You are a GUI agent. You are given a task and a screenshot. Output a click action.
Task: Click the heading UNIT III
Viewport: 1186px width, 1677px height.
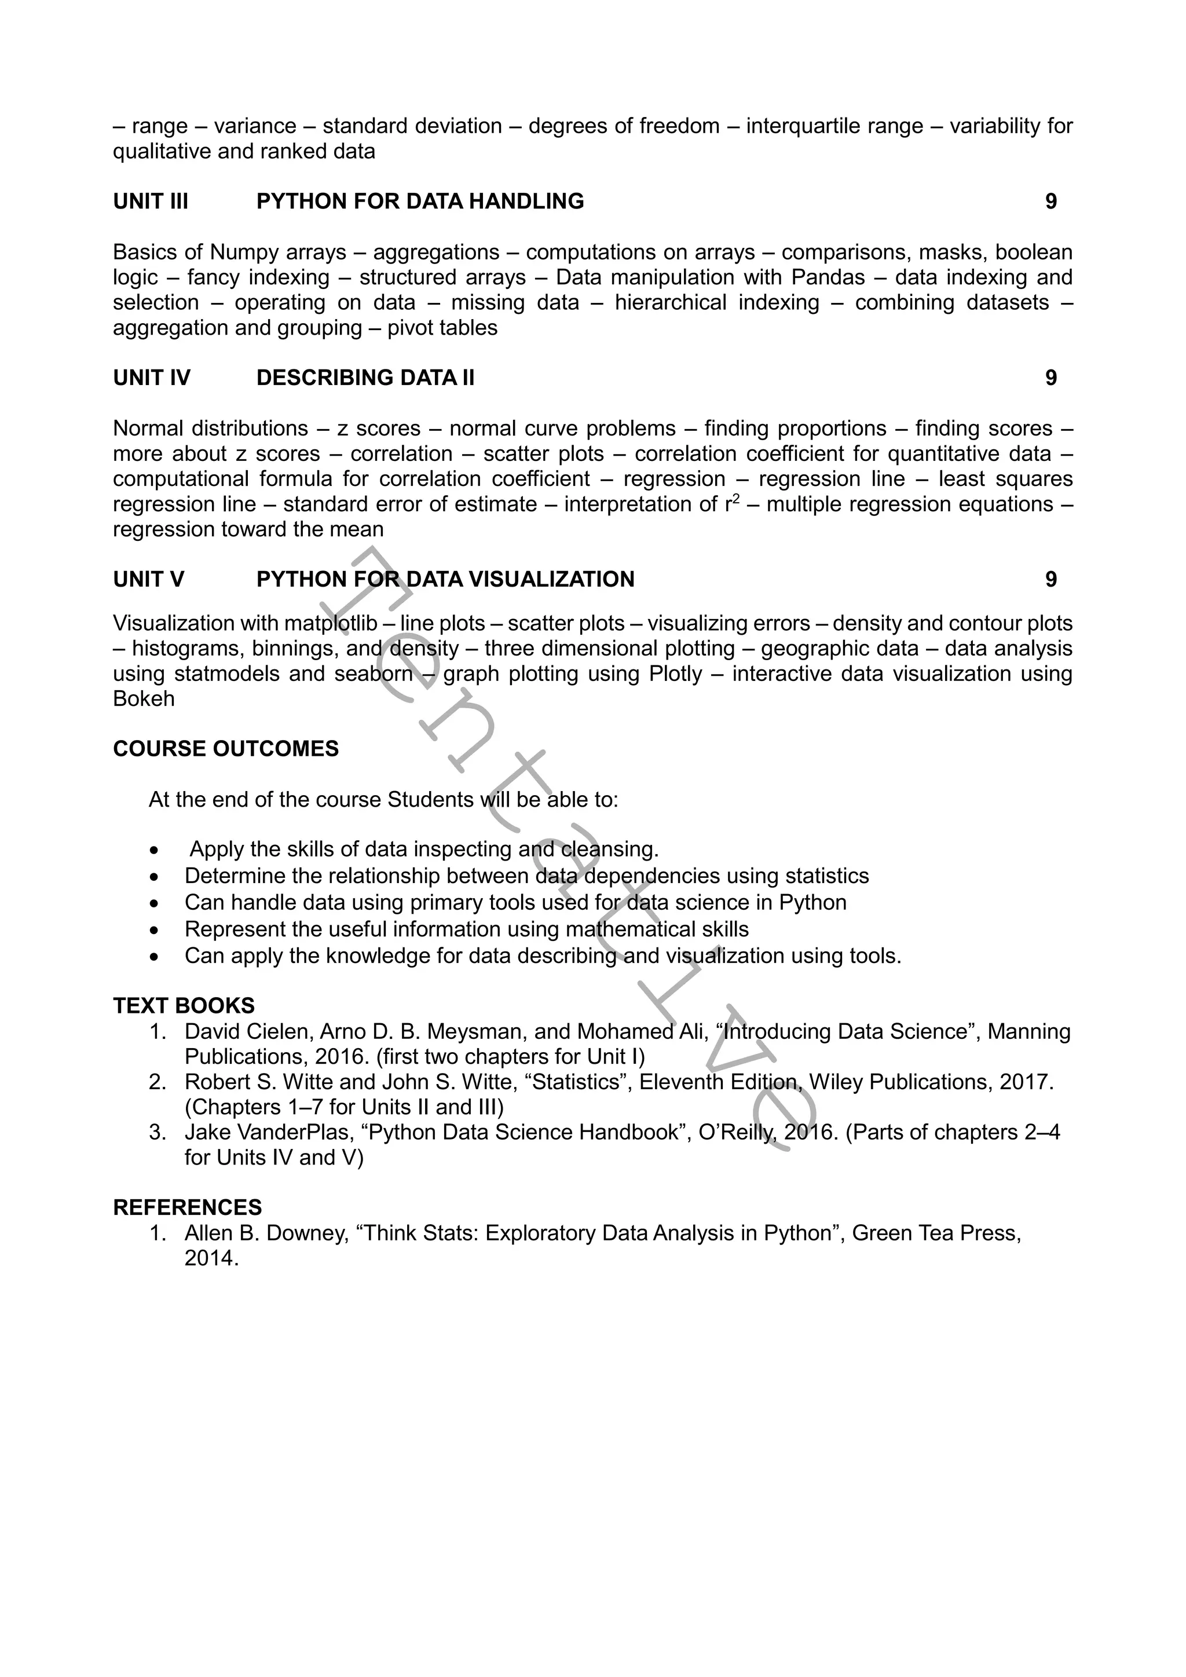click(x=151, y=202)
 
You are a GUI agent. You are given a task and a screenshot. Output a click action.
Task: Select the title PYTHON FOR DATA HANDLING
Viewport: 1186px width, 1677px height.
click(x=420, y=202)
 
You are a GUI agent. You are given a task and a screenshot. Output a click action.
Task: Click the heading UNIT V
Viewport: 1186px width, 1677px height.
click(x=149, y=579)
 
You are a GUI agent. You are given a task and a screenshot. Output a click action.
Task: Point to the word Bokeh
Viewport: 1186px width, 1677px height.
click(x=144, y=699)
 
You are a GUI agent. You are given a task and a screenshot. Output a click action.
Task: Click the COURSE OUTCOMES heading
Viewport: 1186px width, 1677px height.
click(x=226, y=749)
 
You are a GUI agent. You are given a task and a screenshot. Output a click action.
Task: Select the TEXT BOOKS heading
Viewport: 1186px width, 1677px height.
click(x=184, y=1006)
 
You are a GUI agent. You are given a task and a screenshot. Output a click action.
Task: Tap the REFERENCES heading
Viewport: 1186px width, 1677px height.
click(x=188, y=1207)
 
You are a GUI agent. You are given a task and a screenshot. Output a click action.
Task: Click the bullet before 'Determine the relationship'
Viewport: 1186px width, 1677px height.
click(x=153, y=877)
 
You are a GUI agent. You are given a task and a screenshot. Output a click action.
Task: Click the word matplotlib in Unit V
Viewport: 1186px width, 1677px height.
click(x=331, y=624)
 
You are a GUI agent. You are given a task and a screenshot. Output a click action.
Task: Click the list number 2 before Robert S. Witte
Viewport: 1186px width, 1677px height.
click(x=157, y=1082)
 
